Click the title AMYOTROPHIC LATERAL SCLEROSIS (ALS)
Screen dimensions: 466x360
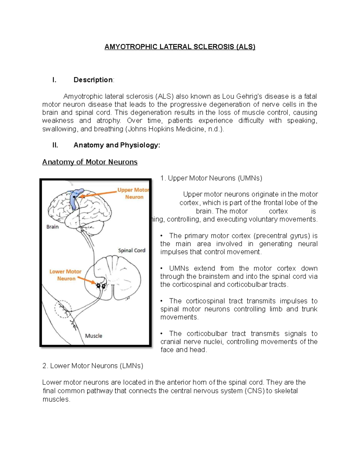tap(180, 47)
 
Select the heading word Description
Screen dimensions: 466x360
tap(93, 80)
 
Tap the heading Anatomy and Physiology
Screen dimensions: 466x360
tap(117, 145)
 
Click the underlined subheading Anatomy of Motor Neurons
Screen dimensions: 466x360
tap(90, 162)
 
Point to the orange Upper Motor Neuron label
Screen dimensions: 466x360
tap(133, 194)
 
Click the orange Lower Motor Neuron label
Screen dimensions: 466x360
tap(66, 275)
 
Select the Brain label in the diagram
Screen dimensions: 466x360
tap(52, 227)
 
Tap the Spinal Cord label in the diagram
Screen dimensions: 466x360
tap(131, 250)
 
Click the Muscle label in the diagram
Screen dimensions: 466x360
tap(94, 336)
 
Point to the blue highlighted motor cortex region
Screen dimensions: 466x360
tap(74, 198)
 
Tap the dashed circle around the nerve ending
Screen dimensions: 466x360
tap(63, 309)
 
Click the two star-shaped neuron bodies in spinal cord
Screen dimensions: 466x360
tap(101, 286)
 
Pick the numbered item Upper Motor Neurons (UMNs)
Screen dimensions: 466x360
tap(211, 178)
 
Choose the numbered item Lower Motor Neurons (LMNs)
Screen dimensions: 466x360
tap(93, 366)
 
